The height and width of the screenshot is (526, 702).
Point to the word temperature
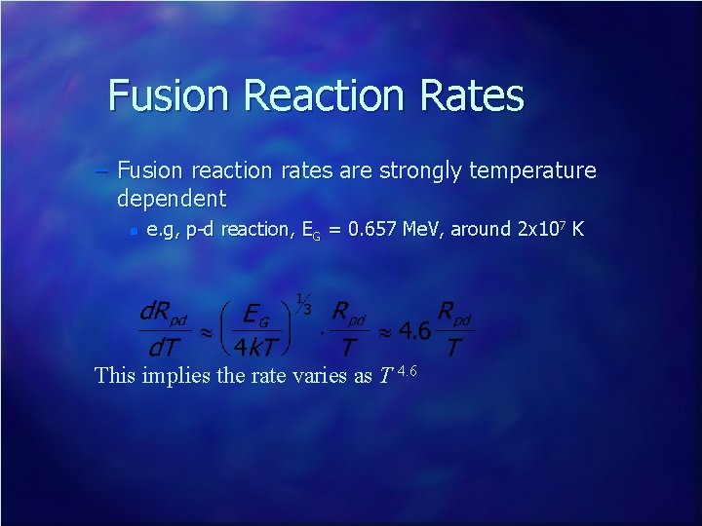click(532, 171)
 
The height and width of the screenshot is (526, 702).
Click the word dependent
click(172, 200)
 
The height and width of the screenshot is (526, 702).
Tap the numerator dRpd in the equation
click(163, 314)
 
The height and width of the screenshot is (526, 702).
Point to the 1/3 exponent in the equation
click(303, 302)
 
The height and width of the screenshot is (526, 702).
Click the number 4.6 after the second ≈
click(413, 330)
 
